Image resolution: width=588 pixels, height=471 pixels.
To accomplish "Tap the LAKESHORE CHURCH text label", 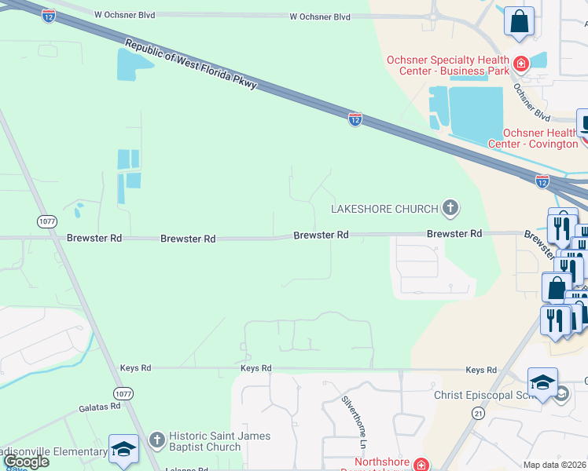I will point(384,209).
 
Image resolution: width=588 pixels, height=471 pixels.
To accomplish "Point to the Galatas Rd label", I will point(99,407).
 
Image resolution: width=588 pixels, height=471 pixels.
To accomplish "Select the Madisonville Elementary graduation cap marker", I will point(123,450).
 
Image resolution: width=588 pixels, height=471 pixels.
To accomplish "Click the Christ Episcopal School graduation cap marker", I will point(542,383).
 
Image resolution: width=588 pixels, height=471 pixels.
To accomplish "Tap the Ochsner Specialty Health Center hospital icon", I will point(520,63).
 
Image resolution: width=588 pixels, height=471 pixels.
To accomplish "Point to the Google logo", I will point(27,462).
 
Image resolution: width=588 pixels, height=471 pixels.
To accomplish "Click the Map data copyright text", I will point(555,465).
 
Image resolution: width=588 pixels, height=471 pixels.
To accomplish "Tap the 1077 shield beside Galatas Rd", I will point(123,392).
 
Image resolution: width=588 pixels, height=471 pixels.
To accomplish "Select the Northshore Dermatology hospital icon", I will point(421,465).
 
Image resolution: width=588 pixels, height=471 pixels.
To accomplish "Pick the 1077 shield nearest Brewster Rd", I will point(46,222).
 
